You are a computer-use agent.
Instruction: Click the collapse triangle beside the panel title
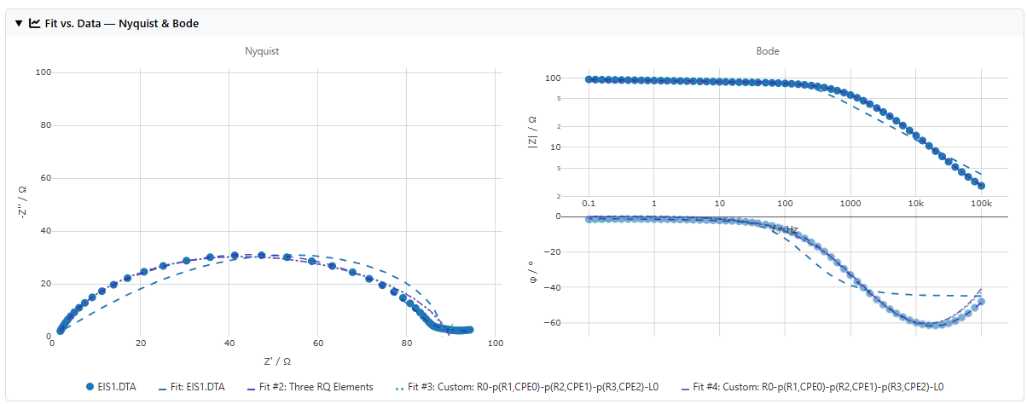(x=20, y=23)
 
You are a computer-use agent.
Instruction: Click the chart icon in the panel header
(x=35, y=23)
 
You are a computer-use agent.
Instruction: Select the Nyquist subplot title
(x=262, y=51)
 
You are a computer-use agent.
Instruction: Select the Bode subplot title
(x=767, y=51)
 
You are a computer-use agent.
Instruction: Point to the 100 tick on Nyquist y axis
(x=44, y=73)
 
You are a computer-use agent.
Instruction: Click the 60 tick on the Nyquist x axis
(x=317, y=344)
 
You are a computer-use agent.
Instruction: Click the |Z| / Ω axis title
(x=532, y=131)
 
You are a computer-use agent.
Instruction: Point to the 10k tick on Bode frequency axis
(x=915, y=205)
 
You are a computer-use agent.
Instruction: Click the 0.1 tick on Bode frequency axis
(x=589, y=205)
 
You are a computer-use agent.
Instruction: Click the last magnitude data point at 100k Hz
(x=981, y=185)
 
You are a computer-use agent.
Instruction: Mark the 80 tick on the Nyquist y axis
(x=44, y=126)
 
